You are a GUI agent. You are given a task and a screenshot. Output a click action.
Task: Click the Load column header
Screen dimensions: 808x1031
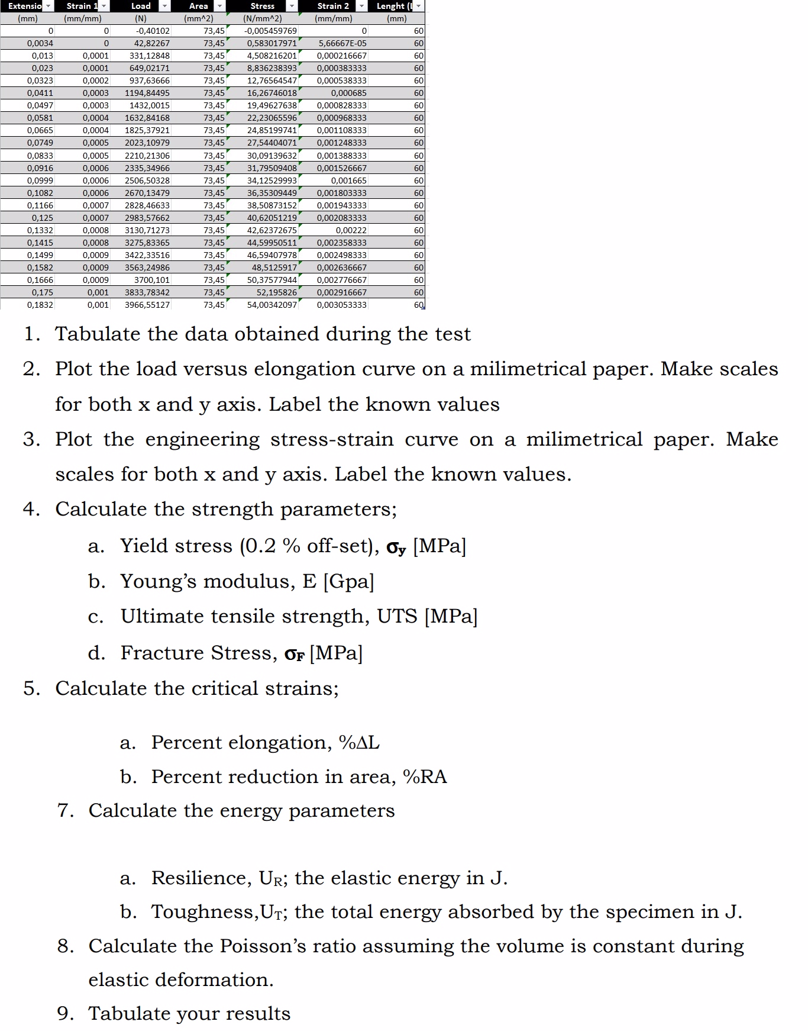(141, 6)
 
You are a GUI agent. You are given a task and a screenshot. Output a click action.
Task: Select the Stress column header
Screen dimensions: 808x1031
(262, 6)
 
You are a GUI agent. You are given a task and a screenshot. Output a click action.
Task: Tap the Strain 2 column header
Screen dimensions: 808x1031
(333, 6)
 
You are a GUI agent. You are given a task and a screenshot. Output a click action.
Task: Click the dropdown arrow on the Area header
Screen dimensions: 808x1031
(219, 6)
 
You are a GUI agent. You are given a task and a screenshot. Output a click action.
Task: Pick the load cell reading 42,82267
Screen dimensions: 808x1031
(151, 43)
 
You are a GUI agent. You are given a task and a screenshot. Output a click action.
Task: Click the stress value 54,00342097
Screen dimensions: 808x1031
(272, 305)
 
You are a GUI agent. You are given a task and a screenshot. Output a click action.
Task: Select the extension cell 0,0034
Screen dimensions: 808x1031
(40, 43)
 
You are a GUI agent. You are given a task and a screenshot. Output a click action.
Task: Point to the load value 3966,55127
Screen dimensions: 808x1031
(147, 305)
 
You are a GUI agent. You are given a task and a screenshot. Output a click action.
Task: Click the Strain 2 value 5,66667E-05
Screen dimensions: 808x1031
(342, 43)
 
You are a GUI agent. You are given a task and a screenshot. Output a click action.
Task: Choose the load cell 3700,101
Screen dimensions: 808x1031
(152, 280)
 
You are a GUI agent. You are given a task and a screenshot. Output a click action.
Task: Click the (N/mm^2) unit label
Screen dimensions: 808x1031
(263, 18)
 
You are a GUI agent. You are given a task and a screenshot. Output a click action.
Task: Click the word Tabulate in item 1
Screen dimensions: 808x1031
(98, 334)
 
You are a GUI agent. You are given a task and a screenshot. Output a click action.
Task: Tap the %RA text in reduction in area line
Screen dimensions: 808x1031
(424, 777)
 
